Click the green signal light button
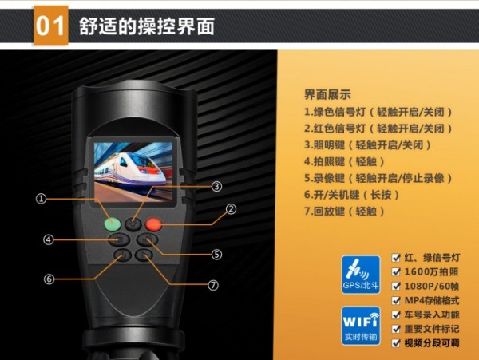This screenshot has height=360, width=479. click(113, 224)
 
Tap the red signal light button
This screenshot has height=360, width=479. click(153, 224)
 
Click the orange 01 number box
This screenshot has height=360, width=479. click(51, 26)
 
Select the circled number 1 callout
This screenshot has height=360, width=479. click(41, 199)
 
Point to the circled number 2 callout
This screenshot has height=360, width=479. click(231, 209)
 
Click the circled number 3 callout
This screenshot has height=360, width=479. click(216, 186)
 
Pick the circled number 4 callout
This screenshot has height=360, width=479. click(49, 239)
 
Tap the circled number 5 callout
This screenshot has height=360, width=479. click(216, 255)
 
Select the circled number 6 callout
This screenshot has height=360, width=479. click(49, 279)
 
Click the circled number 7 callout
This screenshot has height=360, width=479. click(213, 285)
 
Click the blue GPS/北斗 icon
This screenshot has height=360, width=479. click(361, 275)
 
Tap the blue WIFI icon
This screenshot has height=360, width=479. click(361, 326)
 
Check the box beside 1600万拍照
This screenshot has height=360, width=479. click(396, 271)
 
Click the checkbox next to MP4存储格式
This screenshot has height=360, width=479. click(396, 300)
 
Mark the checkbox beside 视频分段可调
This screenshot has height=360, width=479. click(396, 343)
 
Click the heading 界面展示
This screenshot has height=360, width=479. click(327, 95)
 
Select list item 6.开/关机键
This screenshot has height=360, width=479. click(332, 195)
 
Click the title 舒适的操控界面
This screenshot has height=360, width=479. click(147, 26)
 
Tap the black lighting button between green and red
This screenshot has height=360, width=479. click(133, 224)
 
